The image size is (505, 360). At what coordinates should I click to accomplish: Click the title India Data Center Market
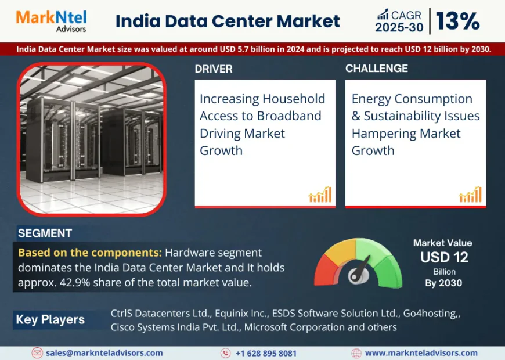[228, 21]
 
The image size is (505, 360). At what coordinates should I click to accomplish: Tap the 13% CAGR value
[457, 21]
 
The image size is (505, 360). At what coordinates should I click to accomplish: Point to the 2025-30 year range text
[399, 27]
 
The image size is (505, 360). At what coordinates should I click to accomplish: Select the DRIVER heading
[214, 69]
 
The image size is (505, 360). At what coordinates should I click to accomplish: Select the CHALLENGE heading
[377, 69]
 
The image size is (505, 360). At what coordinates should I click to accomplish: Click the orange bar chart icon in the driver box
[320, 195]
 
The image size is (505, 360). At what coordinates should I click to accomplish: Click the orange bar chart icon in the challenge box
[470, 195]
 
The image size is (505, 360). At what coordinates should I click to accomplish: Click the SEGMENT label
[45, 233]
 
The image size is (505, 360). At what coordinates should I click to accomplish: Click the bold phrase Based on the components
[89, 253]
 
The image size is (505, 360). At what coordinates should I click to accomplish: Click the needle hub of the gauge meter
[356, 276]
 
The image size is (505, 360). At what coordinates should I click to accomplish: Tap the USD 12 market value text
[444, 257]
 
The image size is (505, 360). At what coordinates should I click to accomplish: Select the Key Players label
[50, 319]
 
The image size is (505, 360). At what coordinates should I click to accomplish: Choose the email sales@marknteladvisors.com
[104, 353]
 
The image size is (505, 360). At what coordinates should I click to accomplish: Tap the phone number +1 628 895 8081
[266, 353]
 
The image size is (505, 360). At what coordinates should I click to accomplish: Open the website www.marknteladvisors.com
[421, 353]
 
